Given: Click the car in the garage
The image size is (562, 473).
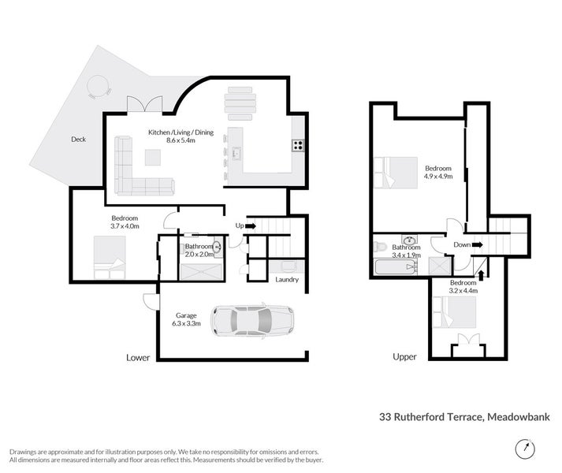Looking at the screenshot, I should [252, 321].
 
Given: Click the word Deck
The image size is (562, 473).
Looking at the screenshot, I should [78, 140].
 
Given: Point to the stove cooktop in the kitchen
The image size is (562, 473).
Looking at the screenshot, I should [299, 144].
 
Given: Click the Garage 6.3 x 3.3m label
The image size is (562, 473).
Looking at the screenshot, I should [187, 319].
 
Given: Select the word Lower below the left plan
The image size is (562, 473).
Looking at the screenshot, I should [138, 357].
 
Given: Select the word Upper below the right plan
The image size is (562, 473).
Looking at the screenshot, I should [404, 357].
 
